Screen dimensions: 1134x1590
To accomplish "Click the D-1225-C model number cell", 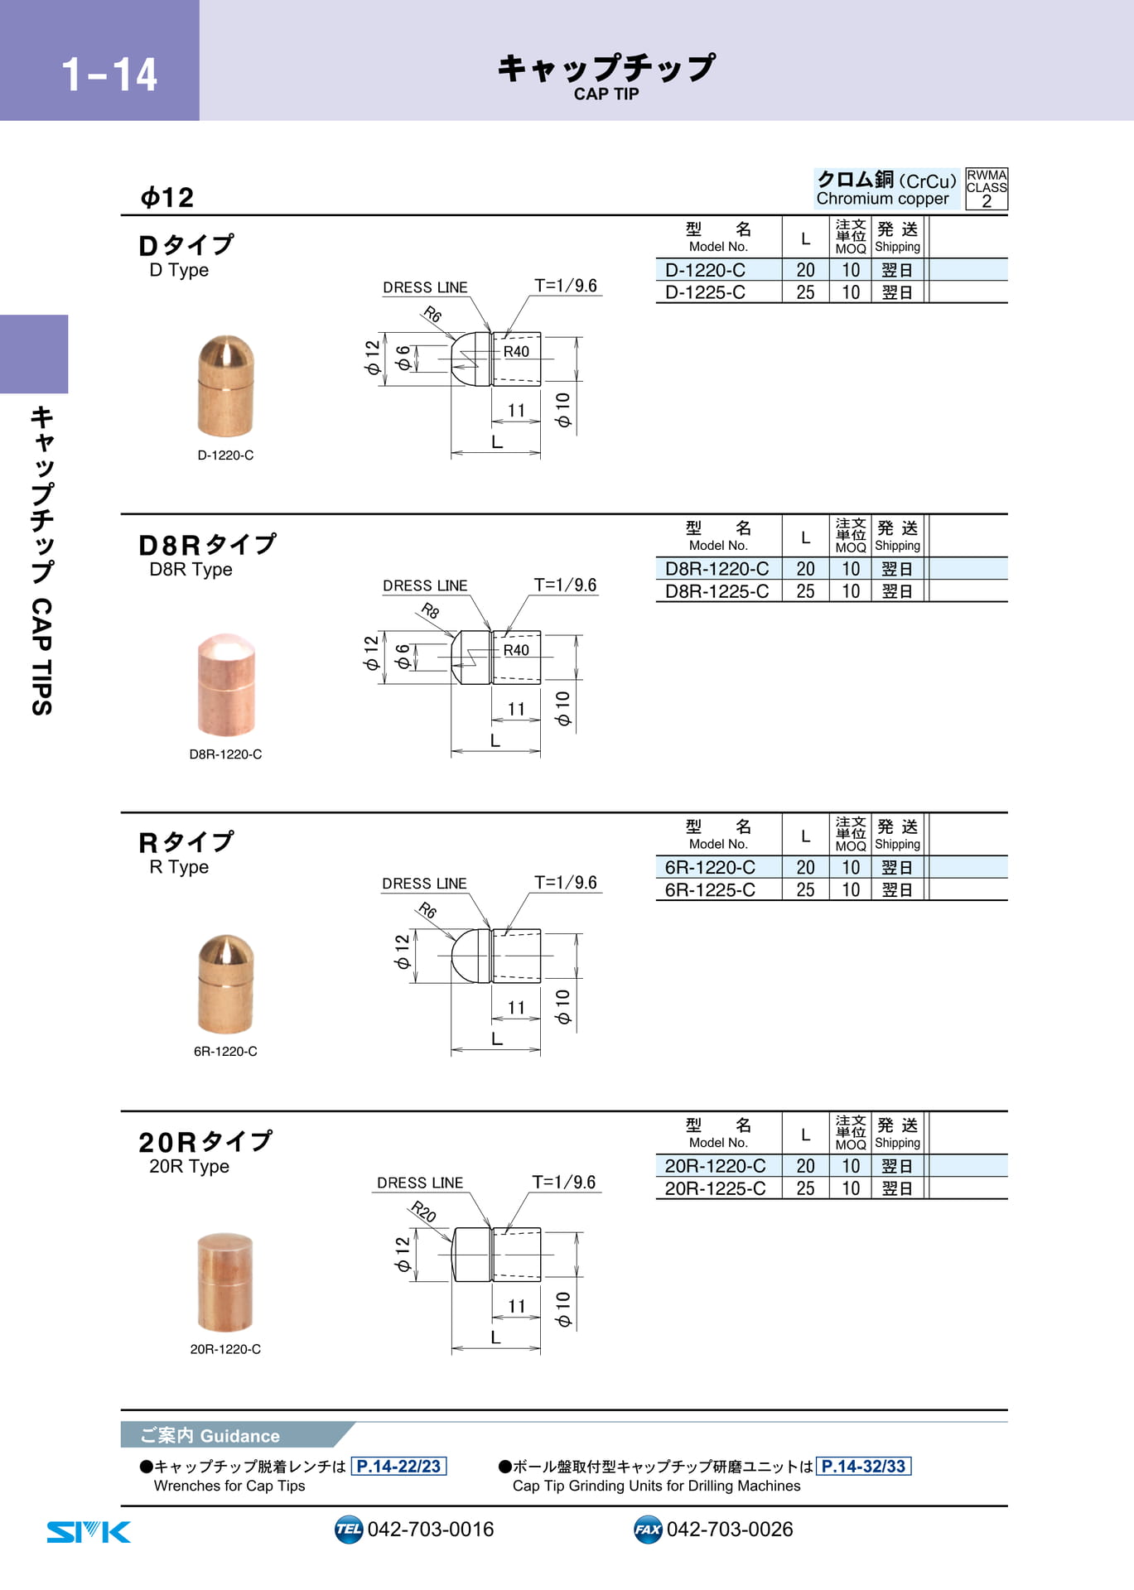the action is coord(705,292).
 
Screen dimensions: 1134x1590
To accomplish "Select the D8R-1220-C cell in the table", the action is coord(717,569).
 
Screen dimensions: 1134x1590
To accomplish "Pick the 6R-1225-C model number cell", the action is coord(710,889).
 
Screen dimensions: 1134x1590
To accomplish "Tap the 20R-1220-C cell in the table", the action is coord(715,1166).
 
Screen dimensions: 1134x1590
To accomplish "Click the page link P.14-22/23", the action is coord(399,1467).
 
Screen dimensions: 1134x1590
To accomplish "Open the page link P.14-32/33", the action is coord(864,1467).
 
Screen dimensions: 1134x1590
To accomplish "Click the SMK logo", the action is coord(89,1532).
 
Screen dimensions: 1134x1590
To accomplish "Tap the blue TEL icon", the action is coord(349,1530).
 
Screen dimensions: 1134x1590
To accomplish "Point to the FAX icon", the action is coord(648,1530).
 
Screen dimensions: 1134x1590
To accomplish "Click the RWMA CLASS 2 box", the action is coord(987,189).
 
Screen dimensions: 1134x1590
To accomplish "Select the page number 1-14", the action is coord(109,75).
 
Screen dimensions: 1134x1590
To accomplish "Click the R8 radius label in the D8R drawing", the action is coord(430,611).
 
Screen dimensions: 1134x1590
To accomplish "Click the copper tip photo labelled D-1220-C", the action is coord(225,386).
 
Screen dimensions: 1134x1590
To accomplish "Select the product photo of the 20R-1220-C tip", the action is coord(225,1282).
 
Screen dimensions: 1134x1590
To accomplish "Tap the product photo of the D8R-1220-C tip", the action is coord(226,685).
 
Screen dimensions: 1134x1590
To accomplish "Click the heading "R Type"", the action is coord(179,867).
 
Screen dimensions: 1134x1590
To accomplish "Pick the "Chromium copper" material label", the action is coord(883,199).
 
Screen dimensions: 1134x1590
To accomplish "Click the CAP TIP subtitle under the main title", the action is coord(606,94).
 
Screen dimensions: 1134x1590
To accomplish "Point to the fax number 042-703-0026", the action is coord(730,1530).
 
